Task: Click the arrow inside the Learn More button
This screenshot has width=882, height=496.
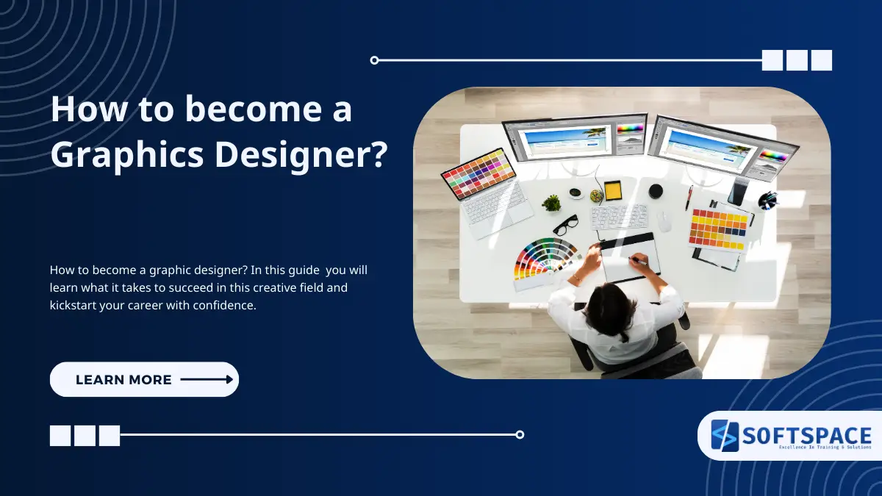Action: [207, 379]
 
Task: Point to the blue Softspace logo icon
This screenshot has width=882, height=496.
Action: [724, 436]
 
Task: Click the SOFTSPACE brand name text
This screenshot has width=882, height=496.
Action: [806, 435]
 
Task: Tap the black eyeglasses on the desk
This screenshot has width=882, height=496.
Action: [565, 224]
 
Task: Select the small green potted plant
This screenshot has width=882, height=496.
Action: [551, 202]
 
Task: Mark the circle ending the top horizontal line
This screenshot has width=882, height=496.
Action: [374, 60]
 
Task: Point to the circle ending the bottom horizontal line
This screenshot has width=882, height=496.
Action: [520, 434]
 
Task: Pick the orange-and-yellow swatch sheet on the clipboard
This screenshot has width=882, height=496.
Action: [718, 229]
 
